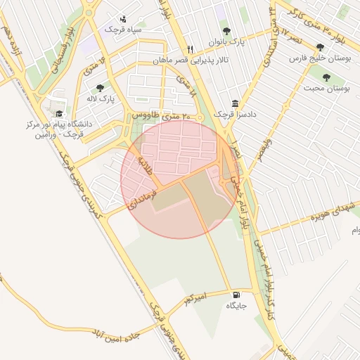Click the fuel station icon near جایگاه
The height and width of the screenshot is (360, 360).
(235, 295)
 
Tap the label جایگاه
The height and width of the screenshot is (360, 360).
(236, 307)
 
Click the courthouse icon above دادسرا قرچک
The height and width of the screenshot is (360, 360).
(234, 103)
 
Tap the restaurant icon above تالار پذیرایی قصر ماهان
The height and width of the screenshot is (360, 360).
(190, 49)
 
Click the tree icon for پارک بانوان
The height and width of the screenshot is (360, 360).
(226, 31)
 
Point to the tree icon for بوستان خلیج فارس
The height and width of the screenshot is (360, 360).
(321, 47)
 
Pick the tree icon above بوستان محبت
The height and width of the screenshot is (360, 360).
(326, 77)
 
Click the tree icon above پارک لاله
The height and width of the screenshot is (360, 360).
(100, 88)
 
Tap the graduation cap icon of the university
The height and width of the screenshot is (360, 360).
(59, 113)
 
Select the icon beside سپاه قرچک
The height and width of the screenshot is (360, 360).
(124, 19)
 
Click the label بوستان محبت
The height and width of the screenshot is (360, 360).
(328, 89)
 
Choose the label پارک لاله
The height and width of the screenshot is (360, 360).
(102, 100)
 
